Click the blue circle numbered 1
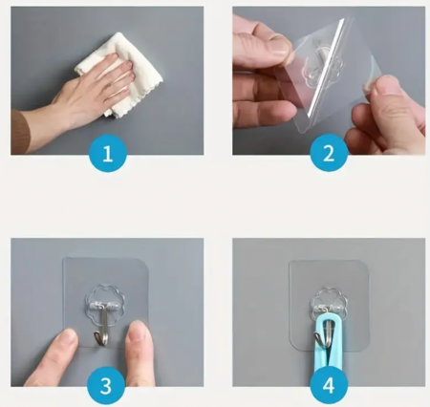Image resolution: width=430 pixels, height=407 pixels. click(107, 153)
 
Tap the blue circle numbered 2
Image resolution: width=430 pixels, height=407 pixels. click(329, 153)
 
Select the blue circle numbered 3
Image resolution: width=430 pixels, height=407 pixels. click(106, 385)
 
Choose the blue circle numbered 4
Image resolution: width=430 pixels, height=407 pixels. click(329, 385)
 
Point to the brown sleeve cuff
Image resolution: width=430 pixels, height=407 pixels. click(21, 131)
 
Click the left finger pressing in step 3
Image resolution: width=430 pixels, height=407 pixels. click(53, 356)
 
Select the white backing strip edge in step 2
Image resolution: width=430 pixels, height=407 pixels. click(326, 67)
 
